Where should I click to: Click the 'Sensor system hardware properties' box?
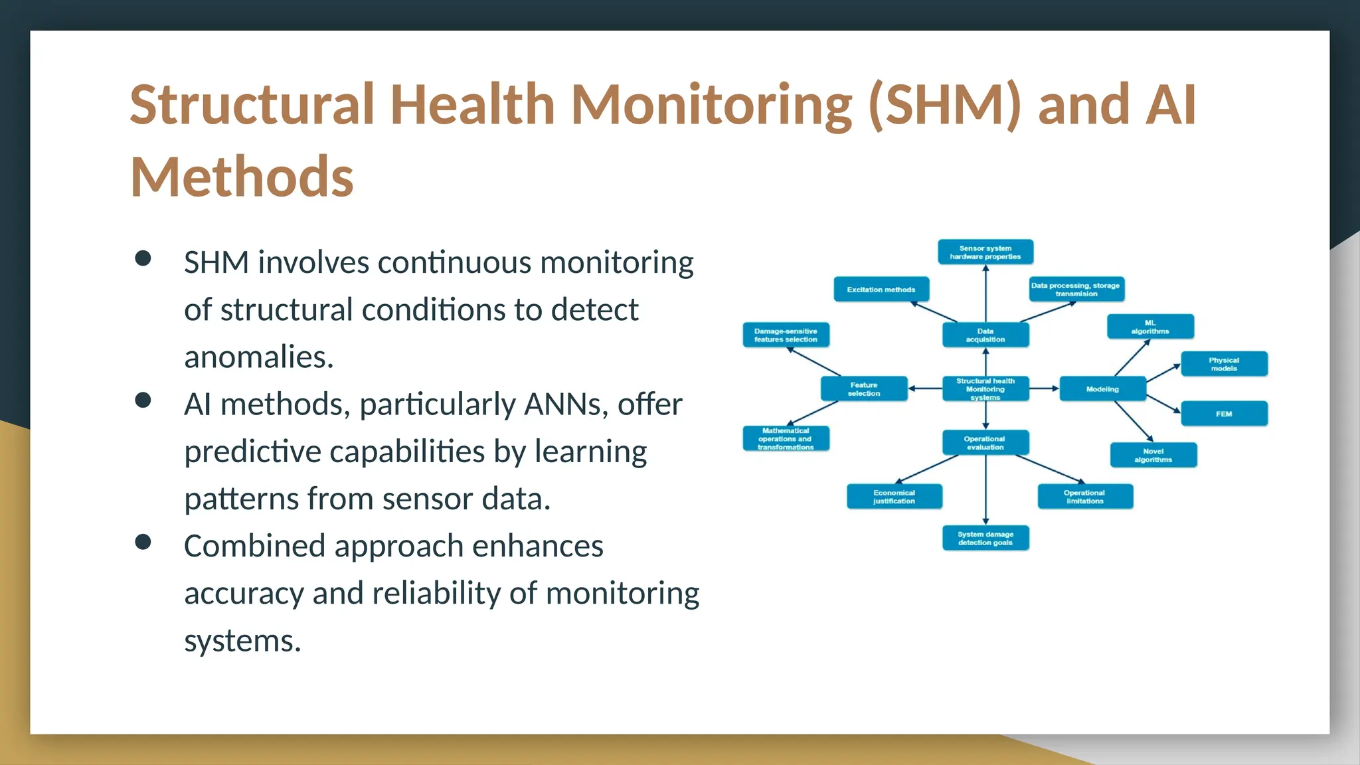point(985,252)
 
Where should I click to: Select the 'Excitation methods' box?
point(881,290)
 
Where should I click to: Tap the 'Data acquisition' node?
point(985,335)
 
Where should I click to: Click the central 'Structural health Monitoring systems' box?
point(985,389)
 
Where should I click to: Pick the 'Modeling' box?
point(1102,389)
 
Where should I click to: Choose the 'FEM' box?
point(1224,414)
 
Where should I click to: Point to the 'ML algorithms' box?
point(1150,327)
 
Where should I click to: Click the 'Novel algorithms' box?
point(1153,456)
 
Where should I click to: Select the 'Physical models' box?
point(1224,364)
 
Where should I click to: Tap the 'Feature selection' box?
point(864,389)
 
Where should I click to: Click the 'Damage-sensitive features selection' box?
point(786,335)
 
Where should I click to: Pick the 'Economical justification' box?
point(894,497)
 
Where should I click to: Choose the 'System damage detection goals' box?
point(985,538)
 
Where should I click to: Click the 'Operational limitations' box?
point(1085,497)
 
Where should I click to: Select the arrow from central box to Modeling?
point(1044,388)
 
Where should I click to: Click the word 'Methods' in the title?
point(242,177)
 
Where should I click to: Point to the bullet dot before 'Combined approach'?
point(143,543)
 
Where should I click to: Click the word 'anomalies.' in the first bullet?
point(259,358)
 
